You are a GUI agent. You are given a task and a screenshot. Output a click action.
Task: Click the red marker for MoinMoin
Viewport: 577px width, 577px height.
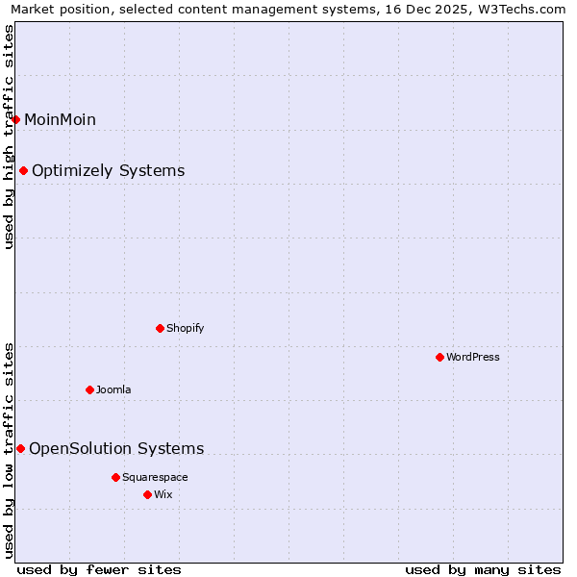tap(16, 119)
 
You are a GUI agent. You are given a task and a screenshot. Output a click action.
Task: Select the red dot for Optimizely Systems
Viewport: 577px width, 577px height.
tap(24, 171)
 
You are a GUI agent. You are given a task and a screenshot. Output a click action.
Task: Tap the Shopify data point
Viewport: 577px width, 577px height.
tap(161, 328)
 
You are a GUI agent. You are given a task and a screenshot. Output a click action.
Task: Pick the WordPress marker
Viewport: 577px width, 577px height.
tap(440, 357)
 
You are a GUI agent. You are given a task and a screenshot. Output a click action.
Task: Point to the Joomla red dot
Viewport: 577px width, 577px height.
tap(90, 389)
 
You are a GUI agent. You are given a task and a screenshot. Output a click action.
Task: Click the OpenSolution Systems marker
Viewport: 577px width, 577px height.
tap(20, 448)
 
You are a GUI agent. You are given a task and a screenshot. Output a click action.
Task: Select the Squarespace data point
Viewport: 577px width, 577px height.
tap(115, 477)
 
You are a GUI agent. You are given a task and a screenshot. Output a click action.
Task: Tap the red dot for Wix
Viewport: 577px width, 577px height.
tap(147, 494)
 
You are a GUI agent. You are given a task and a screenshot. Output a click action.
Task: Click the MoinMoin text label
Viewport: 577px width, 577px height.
tap(60, 119)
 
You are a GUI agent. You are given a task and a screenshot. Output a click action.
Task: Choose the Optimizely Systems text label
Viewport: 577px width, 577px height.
tap(108, 171)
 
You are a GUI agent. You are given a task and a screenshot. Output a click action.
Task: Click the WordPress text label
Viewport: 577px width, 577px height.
tap(473, 357)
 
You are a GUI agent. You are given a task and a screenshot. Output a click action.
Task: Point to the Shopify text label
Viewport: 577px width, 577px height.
tap(186, 328)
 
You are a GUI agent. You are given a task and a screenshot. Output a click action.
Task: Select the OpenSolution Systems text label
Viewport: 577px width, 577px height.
tap(116, 448)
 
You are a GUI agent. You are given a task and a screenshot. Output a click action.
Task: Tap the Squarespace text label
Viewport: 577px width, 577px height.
tap(155, 477)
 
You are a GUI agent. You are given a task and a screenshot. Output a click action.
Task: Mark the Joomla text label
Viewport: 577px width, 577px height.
tap(113, 389)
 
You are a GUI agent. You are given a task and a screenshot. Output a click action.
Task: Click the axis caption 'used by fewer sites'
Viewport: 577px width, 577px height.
tap(99, 569)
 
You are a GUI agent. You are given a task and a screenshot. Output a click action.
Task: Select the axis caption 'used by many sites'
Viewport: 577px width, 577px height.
tap(483, 569)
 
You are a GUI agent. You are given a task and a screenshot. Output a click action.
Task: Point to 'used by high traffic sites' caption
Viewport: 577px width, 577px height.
tap(9, 137)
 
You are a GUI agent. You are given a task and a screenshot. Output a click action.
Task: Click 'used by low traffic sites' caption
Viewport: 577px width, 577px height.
tap(9, 450)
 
